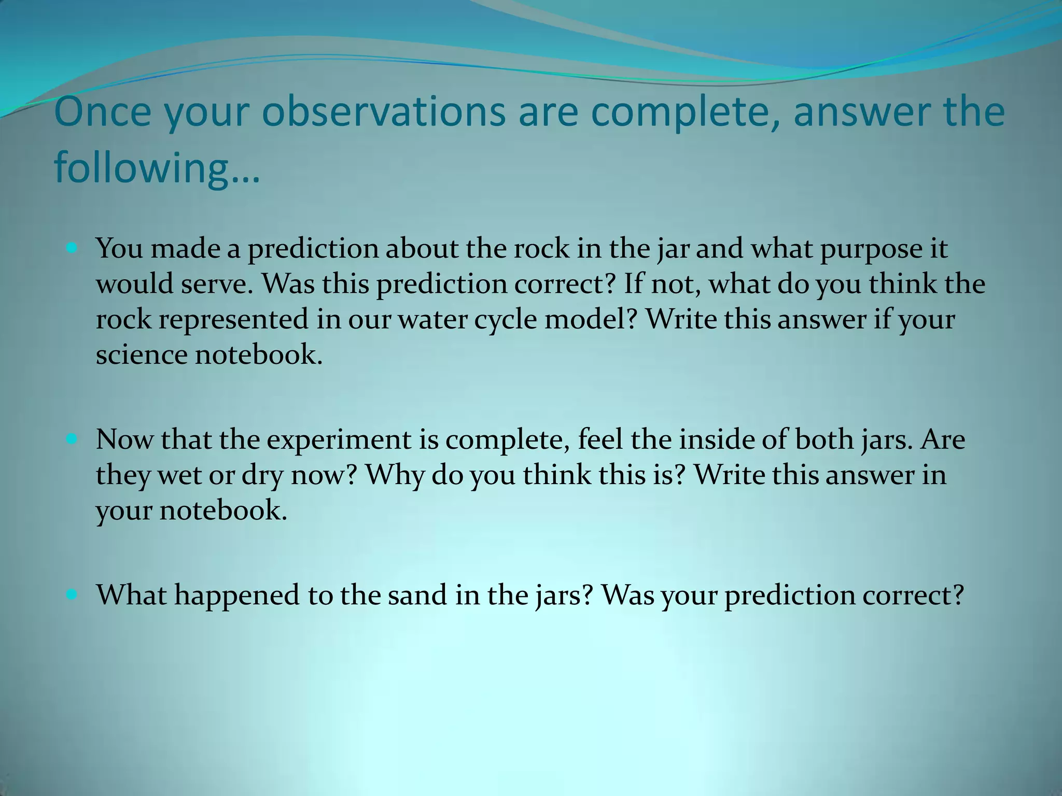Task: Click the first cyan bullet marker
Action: (72, 249)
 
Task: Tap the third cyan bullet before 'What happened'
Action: (72, 595)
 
